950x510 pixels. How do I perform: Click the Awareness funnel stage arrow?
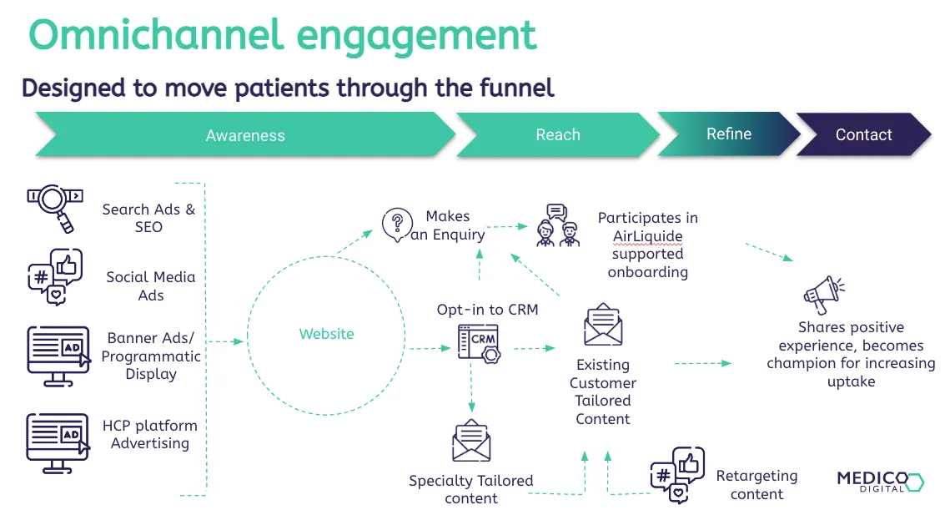[x=245, y=135]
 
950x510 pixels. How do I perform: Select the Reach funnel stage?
[x=557, y=135]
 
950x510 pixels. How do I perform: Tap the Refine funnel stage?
[x=729, y=134]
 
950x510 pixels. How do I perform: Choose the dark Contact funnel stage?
[x=863, y=135]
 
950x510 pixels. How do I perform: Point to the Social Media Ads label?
[x=150, y=285]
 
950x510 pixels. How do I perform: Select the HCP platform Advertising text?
[x=150, y=434]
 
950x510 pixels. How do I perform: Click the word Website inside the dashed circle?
[x=326, y=334]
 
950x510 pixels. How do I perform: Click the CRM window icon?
[x=479, y=343]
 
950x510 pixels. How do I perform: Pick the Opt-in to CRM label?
[x=487, y=310]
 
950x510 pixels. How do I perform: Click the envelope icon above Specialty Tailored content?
[x=471, y=442]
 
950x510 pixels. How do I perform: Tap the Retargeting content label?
[x=756, y=485]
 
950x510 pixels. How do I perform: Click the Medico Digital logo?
[x=879, y=481]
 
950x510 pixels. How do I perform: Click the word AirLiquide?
[x=647, y=236]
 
